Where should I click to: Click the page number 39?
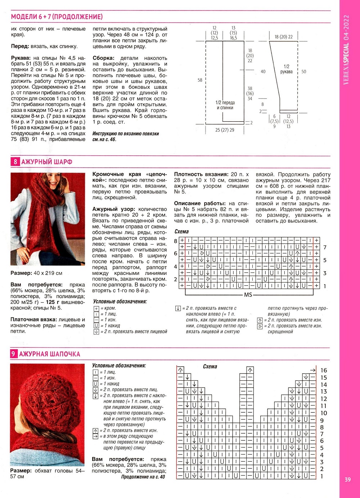tap(347, 479)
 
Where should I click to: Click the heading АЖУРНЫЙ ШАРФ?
tap(47, 162)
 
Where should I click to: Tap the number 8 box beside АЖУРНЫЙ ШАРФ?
tap(15, 162)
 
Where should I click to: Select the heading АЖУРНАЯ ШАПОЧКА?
tap(49, 354)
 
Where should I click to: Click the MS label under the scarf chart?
tap(248, 295)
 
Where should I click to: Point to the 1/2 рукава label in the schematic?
tap(286, 69)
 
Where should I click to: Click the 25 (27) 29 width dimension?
tap(225, 130)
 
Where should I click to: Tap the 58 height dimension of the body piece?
tap(200, 80)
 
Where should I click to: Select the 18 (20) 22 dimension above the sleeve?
tap(283, 37)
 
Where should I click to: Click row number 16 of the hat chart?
tap(324, 370)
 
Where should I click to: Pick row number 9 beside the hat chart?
tap(322, 420)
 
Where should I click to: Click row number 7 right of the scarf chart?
tap(325, 248)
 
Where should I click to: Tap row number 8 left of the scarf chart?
tap(176, 241)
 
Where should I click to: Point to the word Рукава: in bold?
tap(21, 58)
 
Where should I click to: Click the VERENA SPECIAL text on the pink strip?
tap(346, 50)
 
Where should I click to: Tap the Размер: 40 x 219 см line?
tap(36, 273)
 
